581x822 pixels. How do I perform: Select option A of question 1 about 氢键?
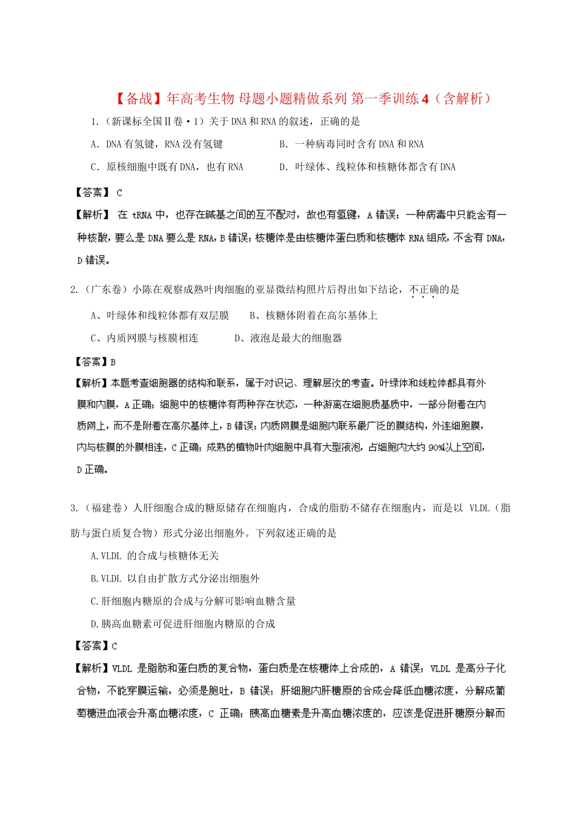pyautogui.click(x=157, y=144)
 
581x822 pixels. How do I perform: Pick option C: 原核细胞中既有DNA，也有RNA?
pyautogui.click(x=166, y=167)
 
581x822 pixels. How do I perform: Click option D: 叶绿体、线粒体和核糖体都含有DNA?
pyautogui.click(x=367, y=167)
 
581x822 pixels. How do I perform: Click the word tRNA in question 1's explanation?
pyautogui.click(x=142, y=215)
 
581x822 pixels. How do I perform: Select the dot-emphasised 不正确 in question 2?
pyautogui.click(x=423, y=290)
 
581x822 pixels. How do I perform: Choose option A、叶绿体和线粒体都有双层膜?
pyautogui.click(x=160, y=316)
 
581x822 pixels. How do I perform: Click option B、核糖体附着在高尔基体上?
pyautogui.click(x=313, y=316)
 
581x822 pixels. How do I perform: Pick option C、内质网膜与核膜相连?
pyautogui.click(x=144, y=338)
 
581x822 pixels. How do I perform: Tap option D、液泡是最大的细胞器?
pyautogui.click(x=288, y=338)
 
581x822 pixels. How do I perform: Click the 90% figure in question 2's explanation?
pyautogui.click(x=436, y=448)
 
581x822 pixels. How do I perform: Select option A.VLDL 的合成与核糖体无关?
pyautogui.click(x=154, y=556)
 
